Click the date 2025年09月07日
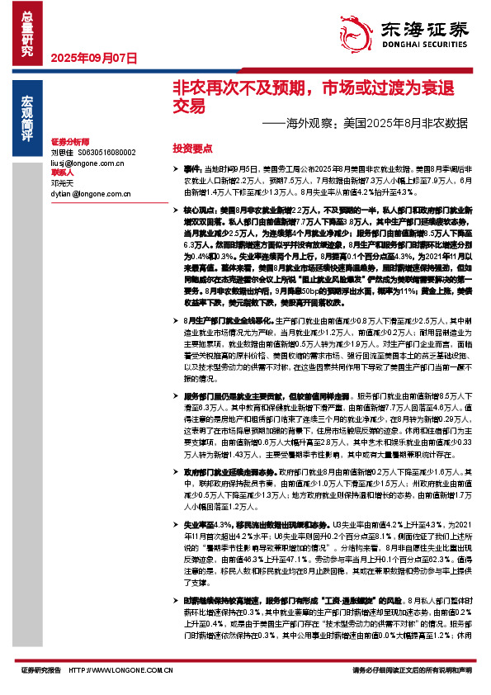(93, 59)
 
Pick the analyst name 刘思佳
(62, 153)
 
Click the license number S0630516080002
(106, 153)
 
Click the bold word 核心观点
(197, 213)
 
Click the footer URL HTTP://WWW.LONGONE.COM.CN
(120, 670)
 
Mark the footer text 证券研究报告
(41, 670)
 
